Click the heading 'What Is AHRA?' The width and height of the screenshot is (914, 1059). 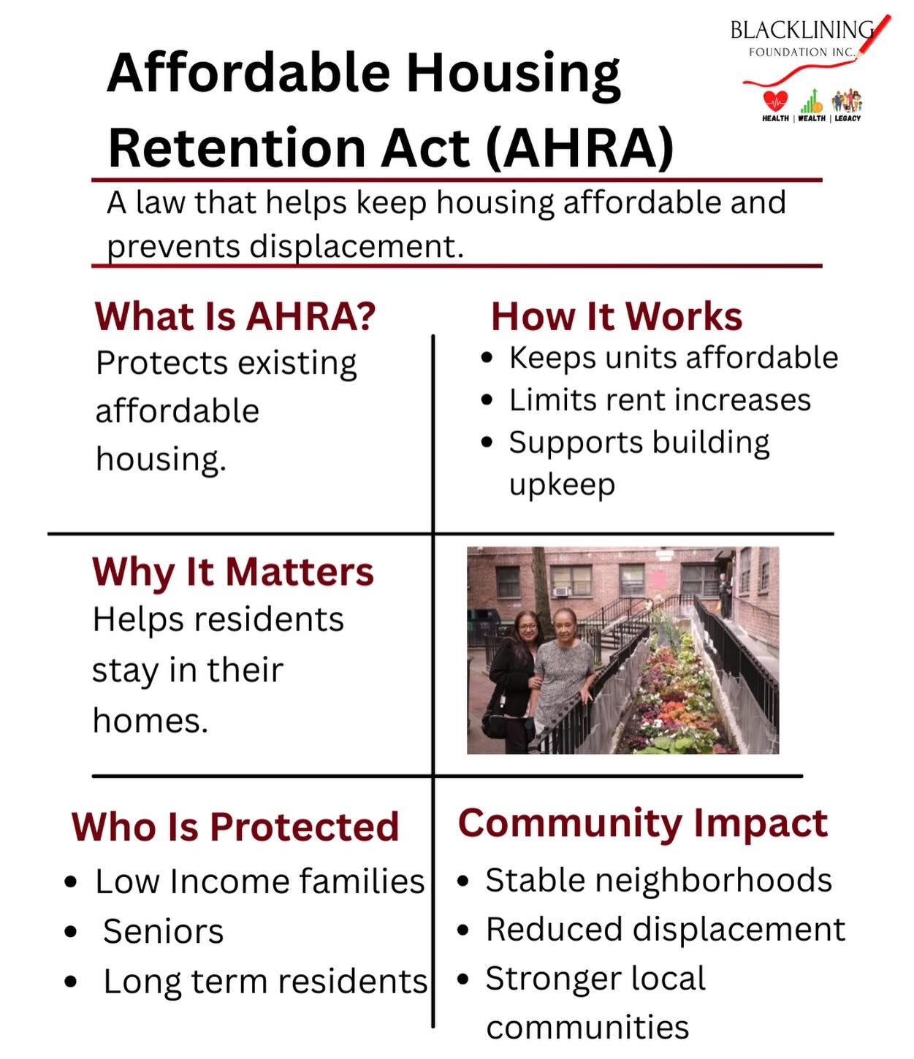pos(235,317)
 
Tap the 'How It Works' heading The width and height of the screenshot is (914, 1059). pos(617,317)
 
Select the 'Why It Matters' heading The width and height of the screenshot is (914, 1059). pos(233,572)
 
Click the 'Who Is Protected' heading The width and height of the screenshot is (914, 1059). pos(235,827)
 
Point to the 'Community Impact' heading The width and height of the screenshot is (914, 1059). pos(642,823)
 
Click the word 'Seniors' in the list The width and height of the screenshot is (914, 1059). pos(164,932)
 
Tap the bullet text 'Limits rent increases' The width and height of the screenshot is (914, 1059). pos(660,400)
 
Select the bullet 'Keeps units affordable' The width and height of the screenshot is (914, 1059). pos(673,358)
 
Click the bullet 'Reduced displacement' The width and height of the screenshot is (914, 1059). pos(665,930)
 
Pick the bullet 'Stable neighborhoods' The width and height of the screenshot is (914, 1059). pos(658,881)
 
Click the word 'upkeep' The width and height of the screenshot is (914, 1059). pos(562,484)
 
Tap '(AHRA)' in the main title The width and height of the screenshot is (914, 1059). pos(579,148)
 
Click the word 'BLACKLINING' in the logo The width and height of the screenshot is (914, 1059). pos(801,31)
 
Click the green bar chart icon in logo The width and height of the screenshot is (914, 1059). pos(811,101)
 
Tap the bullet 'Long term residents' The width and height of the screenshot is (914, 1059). pos(264,982)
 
